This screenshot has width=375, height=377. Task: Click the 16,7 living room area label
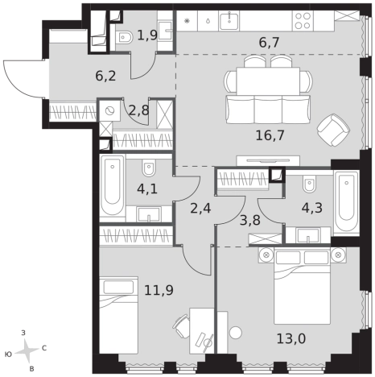(x=270, y=135)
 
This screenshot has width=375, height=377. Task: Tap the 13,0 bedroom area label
(x=291, y=339)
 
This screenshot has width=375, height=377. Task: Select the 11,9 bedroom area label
(x=159, y=290)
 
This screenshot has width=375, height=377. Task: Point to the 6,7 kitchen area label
(x=269, y=43)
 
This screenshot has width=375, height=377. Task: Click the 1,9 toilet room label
(x=147, y=35)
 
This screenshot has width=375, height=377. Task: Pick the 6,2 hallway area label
(x=105, y=77)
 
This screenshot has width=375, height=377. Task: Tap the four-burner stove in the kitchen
(x=303, y=21)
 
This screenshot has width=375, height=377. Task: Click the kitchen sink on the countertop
(x=229, y=21)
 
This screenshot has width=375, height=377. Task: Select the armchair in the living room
(x=333, y=130)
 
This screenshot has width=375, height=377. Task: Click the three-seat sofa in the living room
(x=268, y=110)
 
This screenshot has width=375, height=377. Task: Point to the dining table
(x=268, y=81)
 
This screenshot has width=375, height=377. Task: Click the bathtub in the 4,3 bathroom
(x=347, y=203)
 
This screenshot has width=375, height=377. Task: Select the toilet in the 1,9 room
(x=124, y=38)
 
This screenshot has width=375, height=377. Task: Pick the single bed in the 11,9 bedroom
(x=118, y=316)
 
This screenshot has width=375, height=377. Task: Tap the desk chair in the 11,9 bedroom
(x=181, y=325)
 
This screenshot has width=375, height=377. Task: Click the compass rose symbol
(x=27, y=350)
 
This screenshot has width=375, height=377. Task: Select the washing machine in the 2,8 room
(x=109, y=110)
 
